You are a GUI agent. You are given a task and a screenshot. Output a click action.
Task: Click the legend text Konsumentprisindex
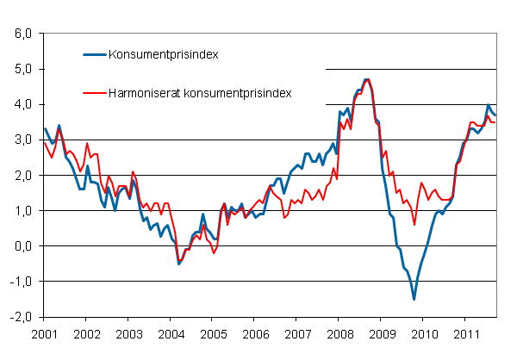(163, 54)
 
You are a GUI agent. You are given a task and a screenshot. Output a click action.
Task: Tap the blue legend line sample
(94, 54)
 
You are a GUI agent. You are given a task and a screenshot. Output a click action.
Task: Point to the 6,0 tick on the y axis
(22, 34)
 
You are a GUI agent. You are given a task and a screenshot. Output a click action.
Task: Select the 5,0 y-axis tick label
(22, 69)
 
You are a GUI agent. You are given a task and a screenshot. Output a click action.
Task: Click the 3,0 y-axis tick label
(22, 140)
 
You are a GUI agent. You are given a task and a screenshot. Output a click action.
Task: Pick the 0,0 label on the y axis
(22, 245)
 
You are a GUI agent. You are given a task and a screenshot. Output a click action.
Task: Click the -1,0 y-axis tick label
(21, 282)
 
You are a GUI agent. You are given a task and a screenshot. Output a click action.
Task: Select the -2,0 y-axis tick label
(21, 317)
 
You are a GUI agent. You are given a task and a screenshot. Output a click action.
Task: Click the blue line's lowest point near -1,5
(414, 299)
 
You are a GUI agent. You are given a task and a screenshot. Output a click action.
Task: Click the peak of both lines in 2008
(367, 79)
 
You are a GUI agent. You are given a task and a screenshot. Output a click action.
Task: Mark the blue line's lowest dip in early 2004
(178, 264)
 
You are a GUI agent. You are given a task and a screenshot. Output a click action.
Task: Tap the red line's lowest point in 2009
(414, 225)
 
